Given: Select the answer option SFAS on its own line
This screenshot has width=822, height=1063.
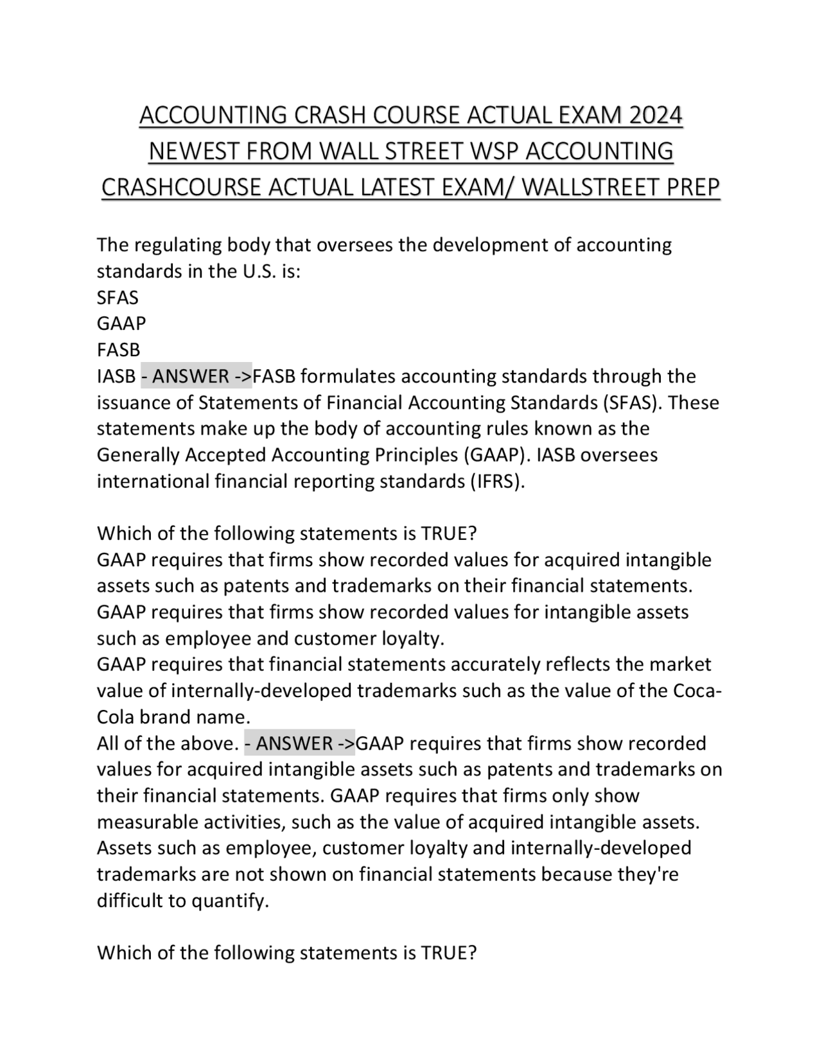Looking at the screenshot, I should point(118,298).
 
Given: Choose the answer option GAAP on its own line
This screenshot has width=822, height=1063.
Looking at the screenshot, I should point(121,324).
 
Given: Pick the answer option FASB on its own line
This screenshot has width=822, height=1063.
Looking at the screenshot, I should point(118,350).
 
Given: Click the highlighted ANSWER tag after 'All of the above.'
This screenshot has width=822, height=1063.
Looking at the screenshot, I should point(299,743).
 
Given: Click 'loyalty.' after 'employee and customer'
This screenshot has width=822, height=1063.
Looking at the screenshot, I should point(413,639).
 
